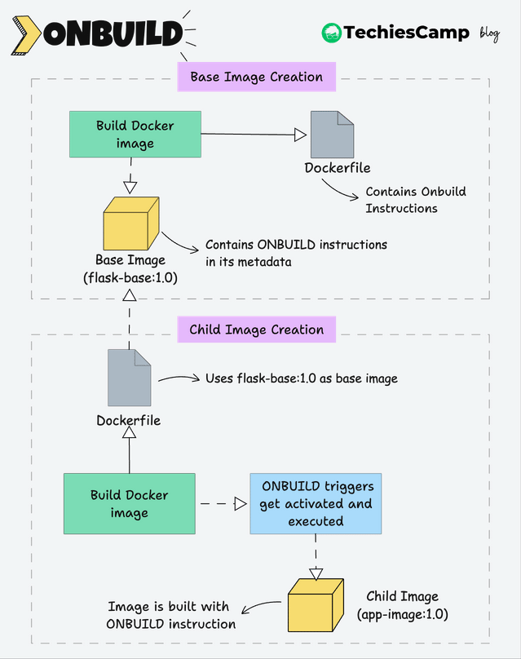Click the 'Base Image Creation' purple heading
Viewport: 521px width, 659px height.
(256, 77)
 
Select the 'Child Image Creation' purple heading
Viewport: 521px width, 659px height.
(256, 329)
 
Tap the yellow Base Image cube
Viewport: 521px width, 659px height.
(131, 223)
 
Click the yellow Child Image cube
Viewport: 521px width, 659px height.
(316, 605)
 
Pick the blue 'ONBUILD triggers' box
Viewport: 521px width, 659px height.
(316, 503)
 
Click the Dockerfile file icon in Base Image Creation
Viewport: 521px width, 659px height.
(332, 135)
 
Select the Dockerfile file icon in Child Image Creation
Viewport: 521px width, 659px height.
(129, 378)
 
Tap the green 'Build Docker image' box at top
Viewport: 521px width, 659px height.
(135, 135)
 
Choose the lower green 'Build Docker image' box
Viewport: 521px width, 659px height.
(130, 503)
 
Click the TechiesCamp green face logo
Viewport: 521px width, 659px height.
(332, 33)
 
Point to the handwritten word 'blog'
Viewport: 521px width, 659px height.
(489, 33)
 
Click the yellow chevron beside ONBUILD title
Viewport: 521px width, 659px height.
(26, 35)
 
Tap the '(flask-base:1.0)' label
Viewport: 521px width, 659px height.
(130, 278)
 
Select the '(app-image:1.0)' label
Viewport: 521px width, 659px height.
(403, 614)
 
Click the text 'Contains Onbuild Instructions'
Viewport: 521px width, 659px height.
(416, 200)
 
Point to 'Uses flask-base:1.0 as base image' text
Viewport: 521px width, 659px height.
(301, 378)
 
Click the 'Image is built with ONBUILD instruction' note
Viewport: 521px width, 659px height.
(170, 615)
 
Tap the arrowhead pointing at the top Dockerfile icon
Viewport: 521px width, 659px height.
(300, 135)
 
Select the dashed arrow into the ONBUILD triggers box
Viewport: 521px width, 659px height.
(223, 503)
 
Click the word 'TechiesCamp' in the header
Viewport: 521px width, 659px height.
(406, 33)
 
